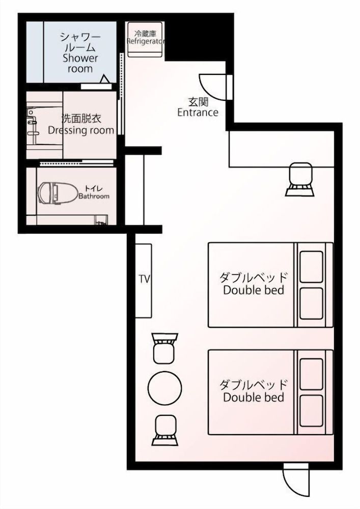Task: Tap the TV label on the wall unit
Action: point(144,279)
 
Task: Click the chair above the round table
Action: point(164,348)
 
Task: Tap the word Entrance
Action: point(198,113)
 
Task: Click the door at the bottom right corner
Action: point(296,480)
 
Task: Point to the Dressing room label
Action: point(80,130)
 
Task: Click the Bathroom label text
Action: point(94,196)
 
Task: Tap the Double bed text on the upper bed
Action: point(254,291)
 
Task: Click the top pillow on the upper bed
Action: point(311,263)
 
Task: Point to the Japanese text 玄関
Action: point(198,102)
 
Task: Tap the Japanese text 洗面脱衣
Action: point(80,119)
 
